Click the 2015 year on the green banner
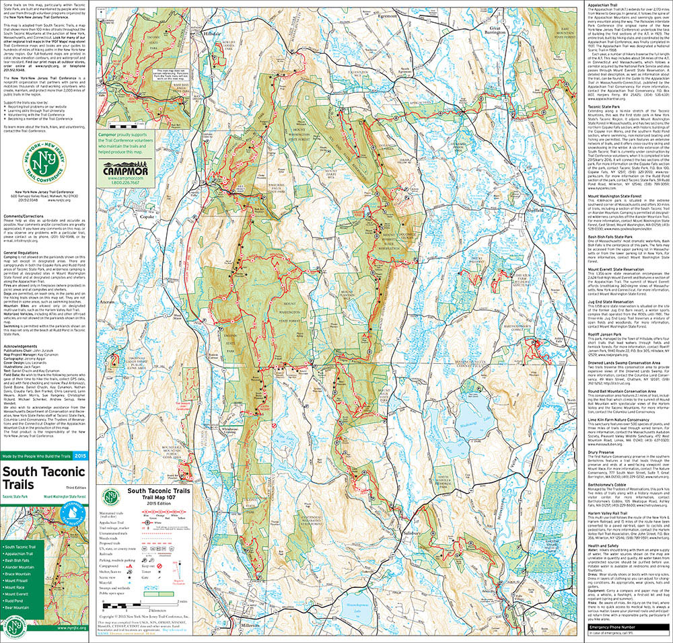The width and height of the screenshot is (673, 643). (80, 457)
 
